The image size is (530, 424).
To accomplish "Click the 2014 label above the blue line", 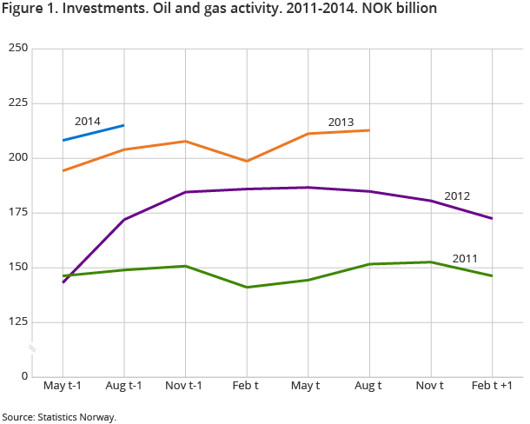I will click(x=88, y=121).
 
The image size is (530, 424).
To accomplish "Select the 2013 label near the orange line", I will click(x=341, y=122).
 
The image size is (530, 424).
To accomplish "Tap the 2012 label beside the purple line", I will click(x=457, y=196).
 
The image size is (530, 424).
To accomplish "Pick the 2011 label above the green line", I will click(x=466, y=258).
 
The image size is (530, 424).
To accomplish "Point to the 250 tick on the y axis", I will click(x=17, y=49).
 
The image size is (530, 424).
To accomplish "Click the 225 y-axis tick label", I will click(x=17, y=103).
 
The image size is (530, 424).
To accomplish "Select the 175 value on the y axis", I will click(x=17, y=213).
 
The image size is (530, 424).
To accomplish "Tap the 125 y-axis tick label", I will click(x=17, y=322).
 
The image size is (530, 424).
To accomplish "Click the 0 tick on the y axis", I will click(x=24, y=377).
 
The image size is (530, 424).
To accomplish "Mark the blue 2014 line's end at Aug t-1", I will click(x=124, y=125).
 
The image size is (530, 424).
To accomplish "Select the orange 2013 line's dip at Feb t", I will click(x=248, y=161).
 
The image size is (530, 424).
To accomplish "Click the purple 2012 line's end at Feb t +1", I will click(x=493, y=218).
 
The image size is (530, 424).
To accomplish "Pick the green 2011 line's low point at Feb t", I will click(x=248, y=287).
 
